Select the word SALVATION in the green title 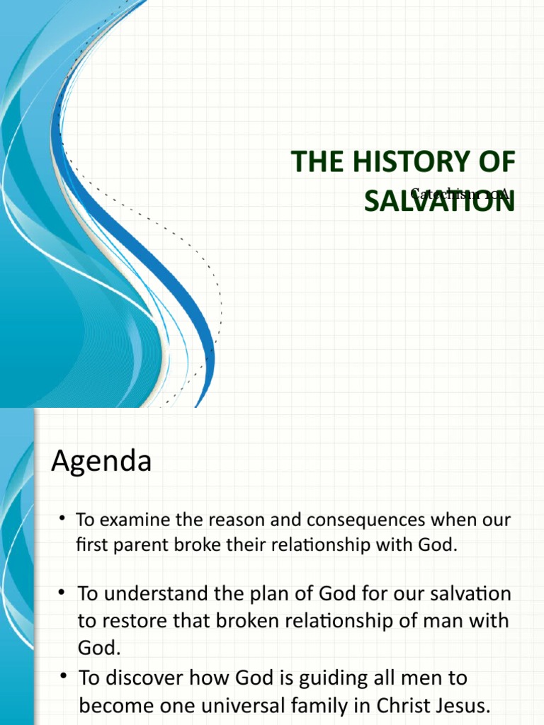[439, 201]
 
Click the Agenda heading [101, 462]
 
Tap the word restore [138, 621]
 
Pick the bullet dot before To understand [62, 593]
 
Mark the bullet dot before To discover [62, 678]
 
